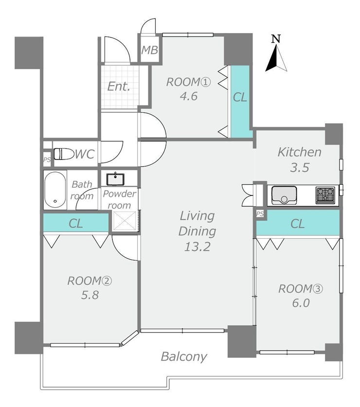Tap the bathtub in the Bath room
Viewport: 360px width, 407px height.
pos(55,190)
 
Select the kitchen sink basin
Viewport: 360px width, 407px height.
pos(284,195)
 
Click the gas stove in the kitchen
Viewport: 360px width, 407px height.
pos(325,195)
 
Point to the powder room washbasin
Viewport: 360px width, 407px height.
pos(115,179)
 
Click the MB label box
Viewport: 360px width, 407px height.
pos(150,50)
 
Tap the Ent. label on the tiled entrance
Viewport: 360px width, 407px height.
pos(119,86)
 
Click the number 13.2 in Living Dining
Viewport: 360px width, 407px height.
pos(197,247)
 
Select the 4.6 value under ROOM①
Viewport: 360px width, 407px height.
pos(189,96)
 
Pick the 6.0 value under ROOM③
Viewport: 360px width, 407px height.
pos(301,303)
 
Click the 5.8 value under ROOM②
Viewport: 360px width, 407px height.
pos(90,295)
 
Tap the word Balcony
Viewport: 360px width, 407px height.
pos(184,357)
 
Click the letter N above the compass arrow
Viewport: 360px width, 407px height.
pos(276,39)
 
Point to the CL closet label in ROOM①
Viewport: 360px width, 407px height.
pos(240,98)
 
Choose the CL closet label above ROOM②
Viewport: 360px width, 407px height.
pos(76,223)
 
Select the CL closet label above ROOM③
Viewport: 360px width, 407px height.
pos(298,224)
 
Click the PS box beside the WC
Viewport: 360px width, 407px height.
pos(47,159)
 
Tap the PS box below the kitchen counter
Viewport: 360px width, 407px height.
pos(260,214)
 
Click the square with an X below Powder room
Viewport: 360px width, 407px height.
pos(124,221)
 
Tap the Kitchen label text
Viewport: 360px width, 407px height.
pos(300,152)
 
